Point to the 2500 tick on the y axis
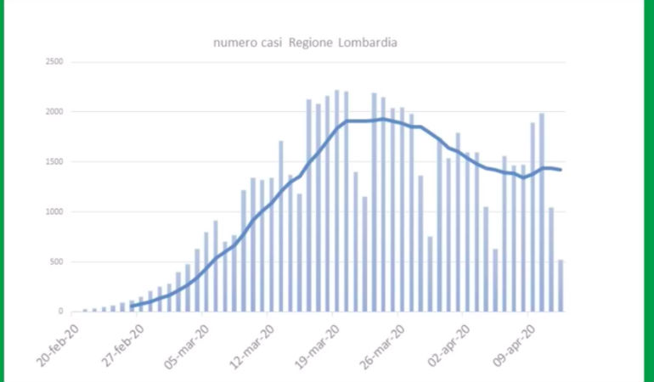[54, 62]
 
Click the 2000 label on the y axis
[54, 112]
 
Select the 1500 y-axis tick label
[54, 162]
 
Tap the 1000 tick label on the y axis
[54, 212]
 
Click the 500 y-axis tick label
[57, 262]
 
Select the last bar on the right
[561, 286]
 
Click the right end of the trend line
[561, 170]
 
